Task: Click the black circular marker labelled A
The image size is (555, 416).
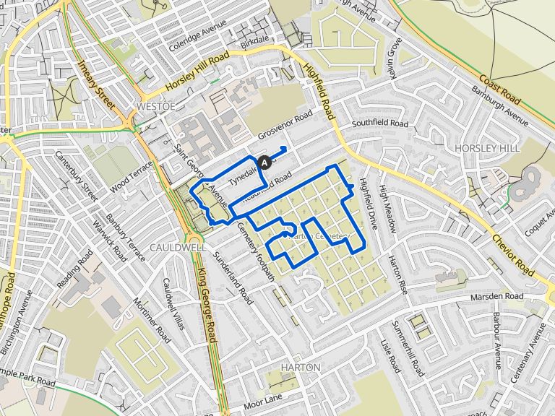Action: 264,162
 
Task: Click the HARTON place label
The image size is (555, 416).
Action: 300,368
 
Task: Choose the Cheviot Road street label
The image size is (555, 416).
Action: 513,249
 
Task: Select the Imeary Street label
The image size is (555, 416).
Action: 98,83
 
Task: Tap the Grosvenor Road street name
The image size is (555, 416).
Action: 285,126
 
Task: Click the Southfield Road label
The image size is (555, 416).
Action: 380,124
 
